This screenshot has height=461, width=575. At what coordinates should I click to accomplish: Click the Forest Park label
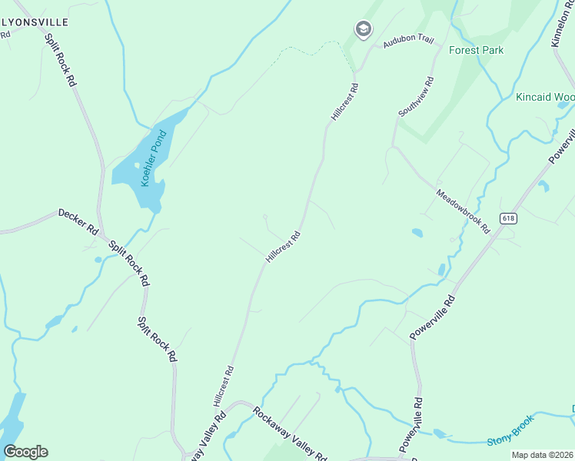477,51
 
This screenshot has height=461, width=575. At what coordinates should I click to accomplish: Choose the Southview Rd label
416,97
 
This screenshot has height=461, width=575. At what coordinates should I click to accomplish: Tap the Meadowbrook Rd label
464,211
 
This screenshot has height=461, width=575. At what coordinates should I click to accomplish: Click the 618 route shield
507,218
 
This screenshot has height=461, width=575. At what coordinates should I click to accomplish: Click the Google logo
25,452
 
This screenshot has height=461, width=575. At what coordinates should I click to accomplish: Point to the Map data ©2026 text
542,455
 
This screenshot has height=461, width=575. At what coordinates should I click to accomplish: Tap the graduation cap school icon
363,30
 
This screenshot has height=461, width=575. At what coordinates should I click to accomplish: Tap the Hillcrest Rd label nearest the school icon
345,102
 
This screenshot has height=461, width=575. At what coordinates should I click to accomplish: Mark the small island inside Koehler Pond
138,165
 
